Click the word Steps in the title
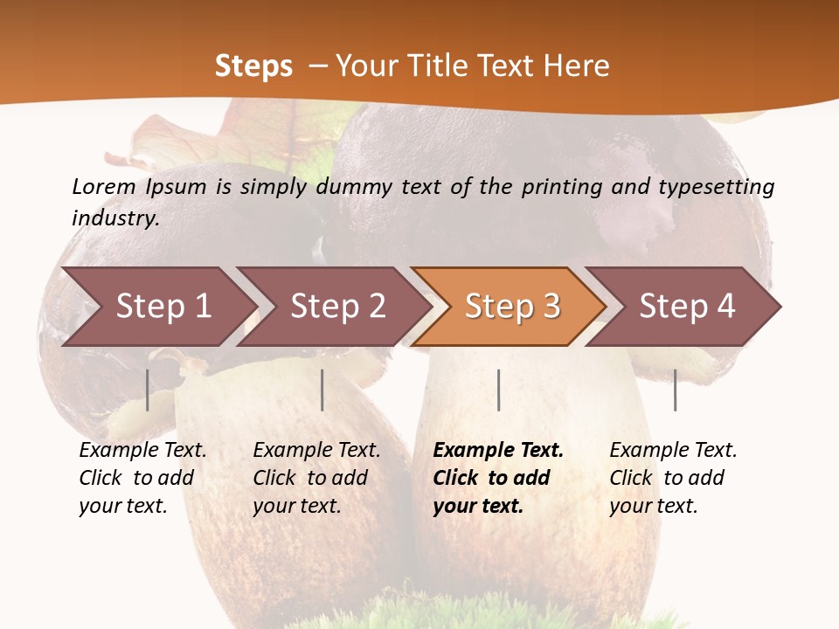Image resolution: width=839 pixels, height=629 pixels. (253, 66)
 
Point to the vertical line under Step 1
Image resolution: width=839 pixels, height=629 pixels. (148, 390)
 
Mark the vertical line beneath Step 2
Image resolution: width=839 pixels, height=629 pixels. (322, 390)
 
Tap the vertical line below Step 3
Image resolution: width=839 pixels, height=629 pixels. (498, 390)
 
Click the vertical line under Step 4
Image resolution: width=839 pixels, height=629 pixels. (675, 390)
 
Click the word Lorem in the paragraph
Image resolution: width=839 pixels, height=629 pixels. (104, 186)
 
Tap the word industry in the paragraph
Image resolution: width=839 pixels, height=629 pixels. (115, 218)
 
